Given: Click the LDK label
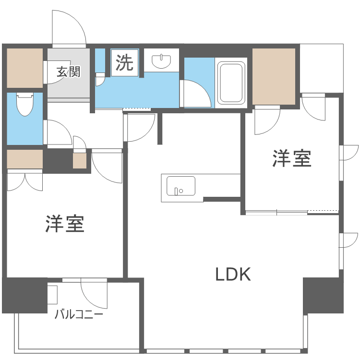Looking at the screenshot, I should (233, 275).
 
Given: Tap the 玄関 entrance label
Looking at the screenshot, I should (68, 72).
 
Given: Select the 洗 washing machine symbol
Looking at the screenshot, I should (125, 63).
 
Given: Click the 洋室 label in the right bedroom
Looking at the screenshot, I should (292, 159).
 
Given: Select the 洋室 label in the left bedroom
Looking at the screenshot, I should (65, 224).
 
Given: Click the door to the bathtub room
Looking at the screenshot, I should (196, 94).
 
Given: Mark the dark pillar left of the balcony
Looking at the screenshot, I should (24, 294).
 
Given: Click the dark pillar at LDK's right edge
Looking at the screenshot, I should (323, 295).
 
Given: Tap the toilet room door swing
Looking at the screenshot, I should (58, 132).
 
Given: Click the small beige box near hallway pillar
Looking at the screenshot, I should (79, 160).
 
